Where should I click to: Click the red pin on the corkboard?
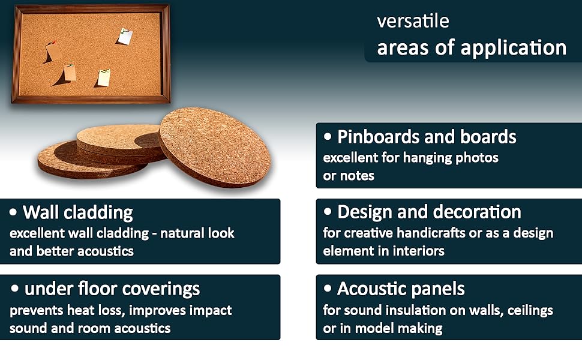[54, 43]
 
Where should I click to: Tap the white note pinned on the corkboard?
[125, 37]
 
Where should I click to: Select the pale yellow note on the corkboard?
[104, 77]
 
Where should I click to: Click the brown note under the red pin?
[54, 51]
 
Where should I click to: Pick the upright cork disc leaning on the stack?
[215, 148]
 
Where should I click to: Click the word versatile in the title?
[413, 21]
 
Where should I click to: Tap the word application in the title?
[514, 49]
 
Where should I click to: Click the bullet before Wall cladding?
[13, 212]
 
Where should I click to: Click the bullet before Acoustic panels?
[328, 288]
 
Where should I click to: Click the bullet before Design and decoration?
[328, 212]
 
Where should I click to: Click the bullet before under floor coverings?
[14, 289]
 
